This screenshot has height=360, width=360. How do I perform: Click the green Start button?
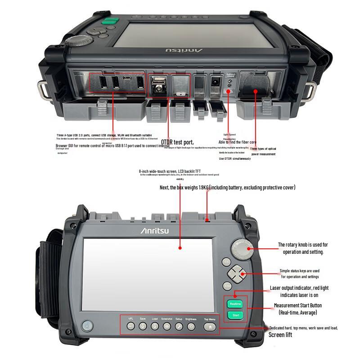pos(236,315)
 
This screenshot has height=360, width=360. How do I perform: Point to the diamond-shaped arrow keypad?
pos(235,273)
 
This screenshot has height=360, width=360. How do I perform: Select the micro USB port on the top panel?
pos(128,80)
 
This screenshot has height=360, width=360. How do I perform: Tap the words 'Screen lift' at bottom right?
pos(280,335)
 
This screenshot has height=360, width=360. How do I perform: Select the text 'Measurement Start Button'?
pos(298,306)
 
